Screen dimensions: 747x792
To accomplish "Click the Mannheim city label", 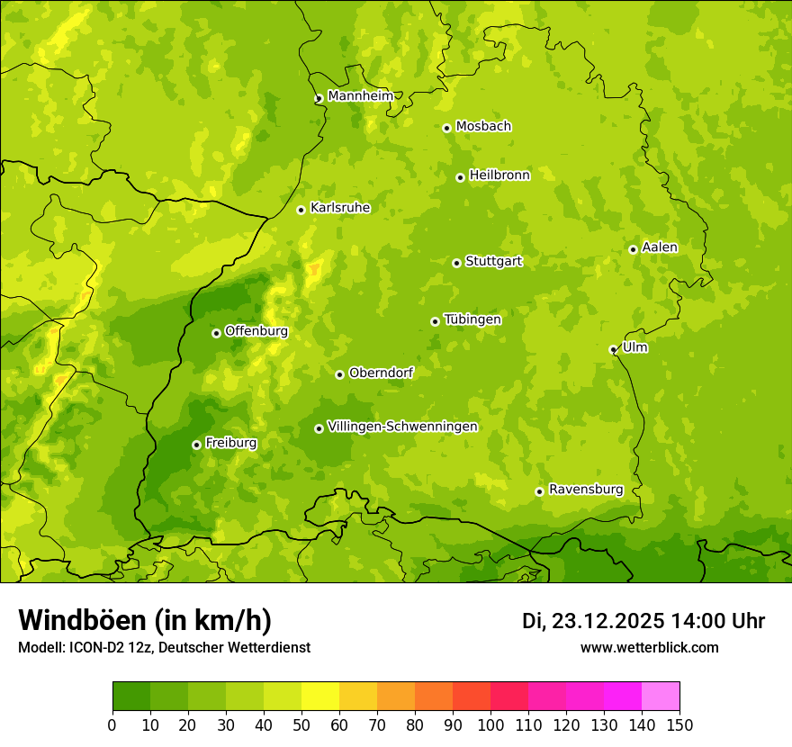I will click(360, 95).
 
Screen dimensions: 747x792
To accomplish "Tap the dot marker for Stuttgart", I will click(457, 263).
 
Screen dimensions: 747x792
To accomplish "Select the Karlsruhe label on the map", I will click(340, 208).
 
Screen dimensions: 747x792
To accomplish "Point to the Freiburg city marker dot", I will click(196, 445).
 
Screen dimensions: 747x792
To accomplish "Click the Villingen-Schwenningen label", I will click(402, 427).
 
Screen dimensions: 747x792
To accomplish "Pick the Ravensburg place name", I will click(586, 490).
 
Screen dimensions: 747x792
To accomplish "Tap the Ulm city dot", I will click(614, 349).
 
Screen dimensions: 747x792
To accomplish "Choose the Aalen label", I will click(660, 247).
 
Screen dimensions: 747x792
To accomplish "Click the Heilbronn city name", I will click(499, 175).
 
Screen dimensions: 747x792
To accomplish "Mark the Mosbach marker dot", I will click(446, 128).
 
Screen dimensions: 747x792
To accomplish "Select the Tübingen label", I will click(472, 319).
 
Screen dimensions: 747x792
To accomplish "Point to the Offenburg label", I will click(256, 331).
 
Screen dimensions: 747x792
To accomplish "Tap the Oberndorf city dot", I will click(339, 374).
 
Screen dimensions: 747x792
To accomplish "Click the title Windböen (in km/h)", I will click(145, 620).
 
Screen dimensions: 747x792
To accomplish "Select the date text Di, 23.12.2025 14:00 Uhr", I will click(643, 621).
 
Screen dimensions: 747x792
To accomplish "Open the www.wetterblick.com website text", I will click(650, 647).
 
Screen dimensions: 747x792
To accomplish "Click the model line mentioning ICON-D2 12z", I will click(164, 647).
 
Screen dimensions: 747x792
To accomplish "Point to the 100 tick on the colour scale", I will click(490, 725).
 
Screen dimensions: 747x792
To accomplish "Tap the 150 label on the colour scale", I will click(679, 725).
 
